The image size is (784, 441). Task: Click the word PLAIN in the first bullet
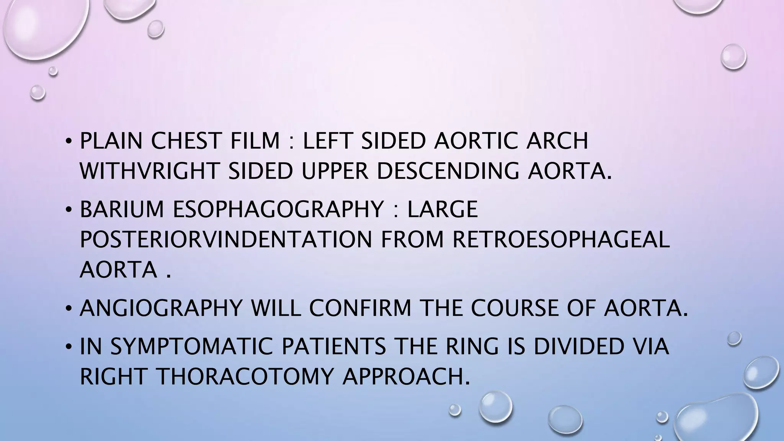(111, 140)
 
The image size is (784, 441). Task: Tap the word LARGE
(443, 209)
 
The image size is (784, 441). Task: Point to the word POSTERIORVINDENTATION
(225, 239)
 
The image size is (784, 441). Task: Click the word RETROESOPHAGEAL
(561, 239)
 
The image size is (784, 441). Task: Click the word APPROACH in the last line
(406, 377)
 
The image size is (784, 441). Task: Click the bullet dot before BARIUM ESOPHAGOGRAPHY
(68, 210)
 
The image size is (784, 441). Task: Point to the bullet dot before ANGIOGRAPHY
(68, 309)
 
